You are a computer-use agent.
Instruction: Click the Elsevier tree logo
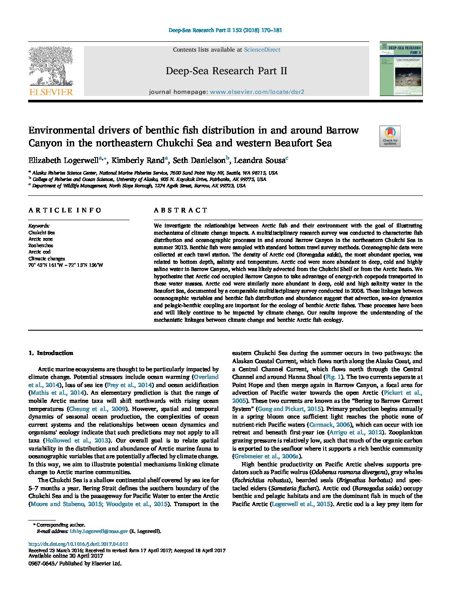[x=51, y=70]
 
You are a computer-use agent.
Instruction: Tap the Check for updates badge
[x=390, y=137]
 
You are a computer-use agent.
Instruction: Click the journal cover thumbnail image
[x=401, y=69]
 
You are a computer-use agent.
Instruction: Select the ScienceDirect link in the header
[x=262, y=50]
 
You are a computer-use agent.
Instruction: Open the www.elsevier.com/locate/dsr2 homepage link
[x=257, y=92]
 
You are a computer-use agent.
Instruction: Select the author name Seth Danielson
[x=199, y=161]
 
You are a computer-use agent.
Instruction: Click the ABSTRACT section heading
[x=180, y=210]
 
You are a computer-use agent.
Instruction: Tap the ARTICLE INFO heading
[x=65, y=210]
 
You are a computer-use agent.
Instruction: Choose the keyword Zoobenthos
[x=40, y=246]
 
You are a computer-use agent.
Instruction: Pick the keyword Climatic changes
[x=46, y=259]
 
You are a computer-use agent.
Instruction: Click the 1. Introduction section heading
[x=51, y=353]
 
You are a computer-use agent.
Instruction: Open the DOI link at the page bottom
[x=78, y=544]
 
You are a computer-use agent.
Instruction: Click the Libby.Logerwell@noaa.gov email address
[x=99, y=531]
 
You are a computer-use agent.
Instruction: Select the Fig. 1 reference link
[x=333, y=377]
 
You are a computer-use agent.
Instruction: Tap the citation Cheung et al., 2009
[x=97, y=409]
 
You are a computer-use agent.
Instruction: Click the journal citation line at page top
[x=225, y=30]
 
